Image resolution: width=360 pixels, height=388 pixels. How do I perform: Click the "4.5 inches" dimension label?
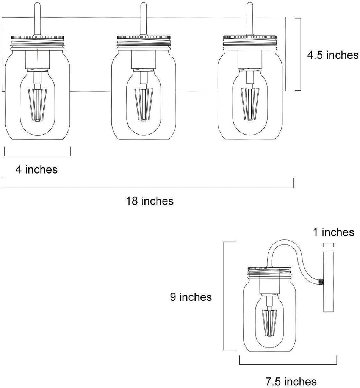click(333, 55)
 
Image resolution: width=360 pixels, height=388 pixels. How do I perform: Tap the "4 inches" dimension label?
click(37, 170)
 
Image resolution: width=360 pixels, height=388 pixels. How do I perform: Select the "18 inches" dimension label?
click(150, 201)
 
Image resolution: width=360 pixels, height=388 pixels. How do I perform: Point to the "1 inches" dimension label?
click(333, 232)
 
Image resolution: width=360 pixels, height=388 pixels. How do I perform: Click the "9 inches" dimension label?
click(191, 297)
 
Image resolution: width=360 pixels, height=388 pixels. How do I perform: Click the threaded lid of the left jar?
click(38, 42)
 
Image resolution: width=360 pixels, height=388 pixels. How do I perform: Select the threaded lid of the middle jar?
click(144, 42)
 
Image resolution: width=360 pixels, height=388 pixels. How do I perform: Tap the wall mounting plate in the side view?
click(329, 282)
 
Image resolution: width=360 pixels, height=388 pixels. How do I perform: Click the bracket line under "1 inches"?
click(329, 244)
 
